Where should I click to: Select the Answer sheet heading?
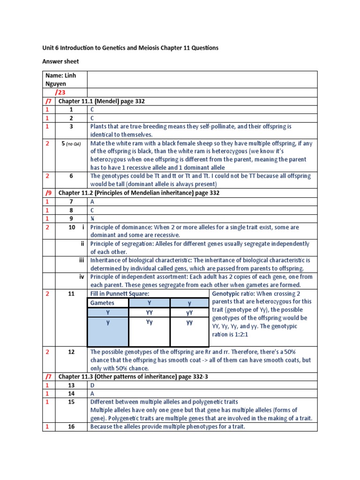[x=60, y=61]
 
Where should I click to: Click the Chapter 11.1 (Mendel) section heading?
[x=102, y=101]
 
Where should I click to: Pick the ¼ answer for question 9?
[x=92, y=218]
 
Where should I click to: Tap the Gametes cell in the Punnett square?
[x=102, y=303]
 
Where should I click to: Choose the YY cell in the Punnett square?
[x=149, y=312]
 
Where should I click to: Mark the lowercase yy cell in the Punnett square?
[x=189, y=322]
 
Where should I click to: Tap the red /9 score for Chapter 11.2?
[x=48, y=193]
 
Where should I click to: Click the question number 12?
[x=71, y=352]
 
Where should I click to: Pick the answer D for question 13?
[x=92, y=385]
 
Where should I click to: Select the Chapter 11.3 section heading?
[x=129, y=376]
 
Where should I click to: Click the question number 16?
[x=71, y=427]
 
